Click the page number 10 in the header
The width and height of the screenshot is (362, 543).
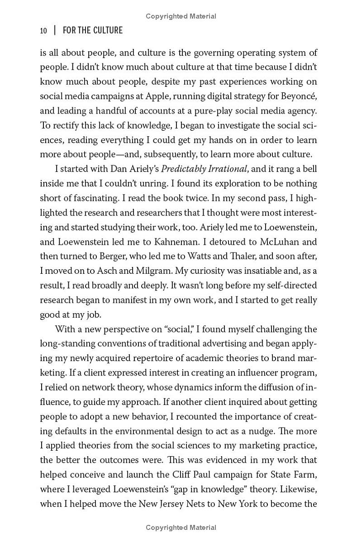point(43,31)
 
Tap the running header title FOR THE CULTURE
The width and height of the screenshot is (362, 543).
point(93,31)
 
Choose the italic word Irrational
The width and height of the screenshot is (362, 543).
point(225,169)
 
